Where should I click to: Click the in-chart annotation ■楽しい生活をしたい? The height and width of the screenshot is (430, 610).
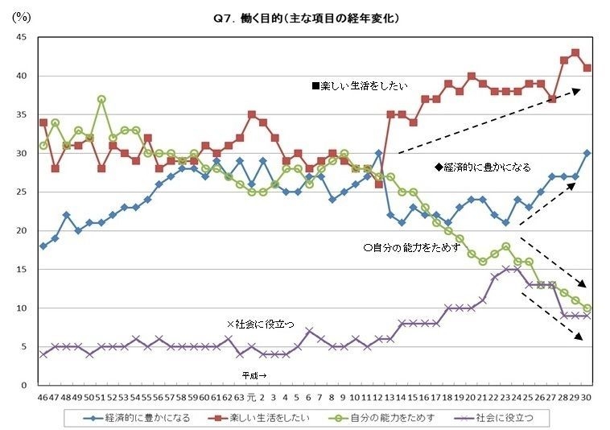(360, 85)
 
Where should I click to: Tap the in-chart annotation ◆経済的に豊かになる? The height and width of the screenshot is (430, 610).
(482, 167)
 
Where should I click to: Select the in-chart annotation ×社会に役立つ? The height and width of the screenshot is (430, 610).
(260, 323)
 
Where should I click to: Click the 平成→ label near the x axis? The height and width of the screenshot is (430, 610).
(257, 375)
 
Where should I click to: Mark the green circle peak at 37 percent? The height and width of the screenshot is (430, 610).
(101, 99)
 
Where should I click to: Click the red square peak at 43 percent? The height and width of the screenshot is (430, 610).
(575, 53)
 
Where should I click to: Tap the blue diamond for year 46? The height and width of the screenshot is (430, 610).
(43, 246)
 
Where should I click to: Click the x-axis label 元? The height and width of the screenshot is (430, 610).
(251, 396)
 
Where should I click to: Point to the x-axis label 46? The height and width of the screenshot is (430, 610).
(43, 396)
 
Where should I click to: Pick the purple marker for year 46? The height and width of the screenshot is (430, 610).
(43, 354)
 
